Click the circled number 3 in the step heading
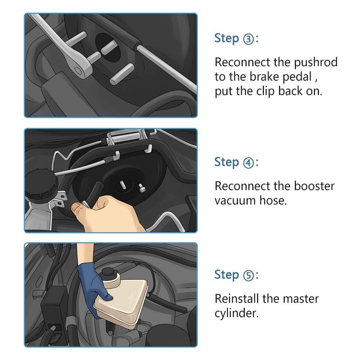pyautogui.click(x=248, y=39)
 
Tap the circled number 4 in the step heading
pyautogui.click(x=248, y=163)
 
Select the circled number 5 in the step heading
pyautogui.click(x=248, y=275)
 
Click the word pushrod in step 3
pyautogui.click(x=316, y=63)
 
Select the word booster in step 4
pyautogui.click(x=314, y=186)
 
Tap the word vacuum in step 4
pyautogui.click(x=235, y=201)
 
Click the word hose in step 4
pyautogui.click(x=273, y=200)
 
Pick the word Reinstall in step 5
pyautogui.click(x=237, y=299)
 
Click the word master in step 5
pyautogui.click(x=301, y=299)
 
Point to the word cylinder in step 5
pyautogui.click(x=237, y=313)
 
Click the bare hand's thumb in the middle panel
pyautogui.click(x=78, y=208)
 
